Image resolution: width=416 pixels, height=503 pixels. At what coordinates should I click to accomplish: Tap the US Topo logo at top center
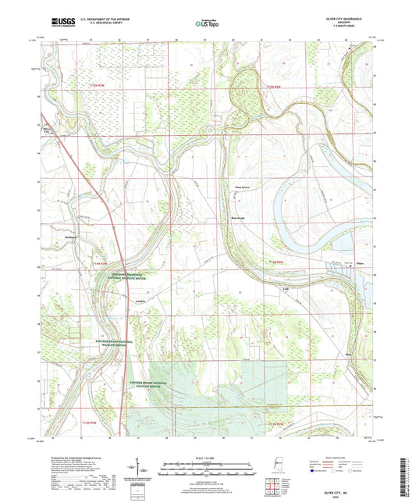[x=207, y=24]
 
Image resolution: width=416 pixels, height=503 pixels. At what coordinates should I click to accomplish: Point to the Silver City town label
[x=53, y=131]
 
